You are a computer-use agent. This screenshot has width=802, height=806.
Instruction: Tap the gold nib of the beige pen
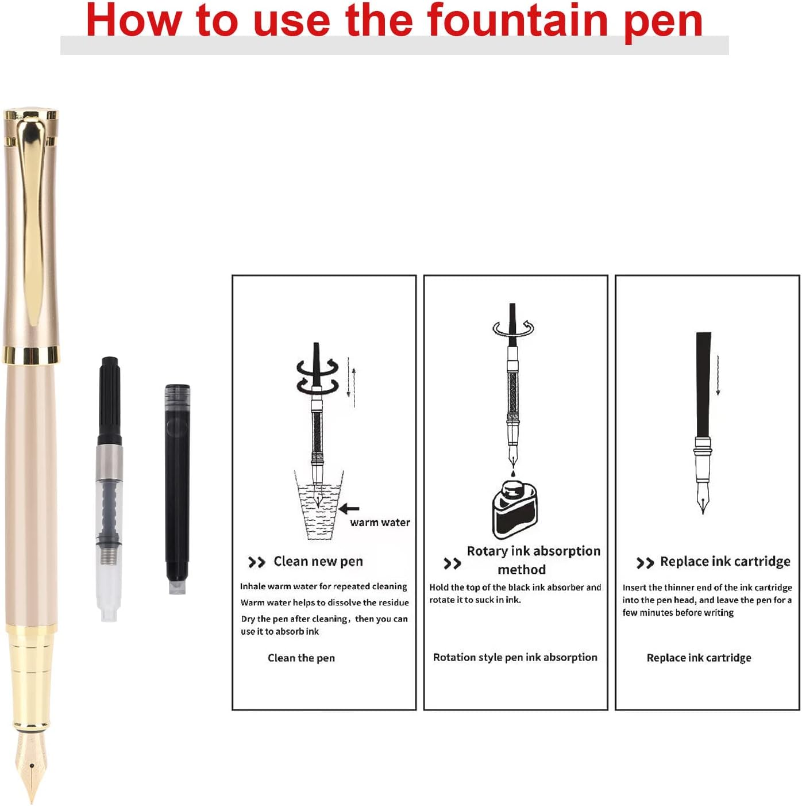[30, 765]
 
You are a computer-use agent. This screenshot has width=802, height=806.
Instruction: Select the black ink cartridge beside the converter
[177, 489]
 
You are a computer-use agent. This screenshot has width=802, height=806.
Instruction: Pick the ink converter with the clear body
[109, 489]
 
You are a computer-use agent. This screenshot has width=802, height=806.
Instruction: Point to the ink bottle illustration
[515, 509]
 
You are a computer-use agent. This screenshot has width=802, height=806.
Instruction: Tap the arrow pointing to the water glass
[349, 508]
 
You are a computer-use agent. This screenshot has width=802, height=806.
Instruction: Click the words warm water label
[380, 523]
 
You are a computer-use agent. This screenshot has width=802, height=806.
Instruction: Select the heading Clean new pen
[318, 562]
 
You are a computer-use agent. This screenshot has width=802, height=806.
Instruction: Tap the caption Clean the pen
[301, 658]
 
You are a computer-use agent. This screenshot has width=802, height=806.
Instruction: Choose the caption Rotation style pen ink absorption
[515, 657]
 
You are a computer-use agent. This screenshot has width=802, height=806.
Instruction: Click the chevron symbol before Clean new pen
[256, 562]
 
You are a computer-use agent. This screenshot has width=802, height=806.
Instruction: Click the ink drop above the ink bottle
[513, 474]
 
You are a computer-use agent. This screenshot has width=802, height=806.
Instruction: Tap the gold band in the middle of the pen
[30, 355]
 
